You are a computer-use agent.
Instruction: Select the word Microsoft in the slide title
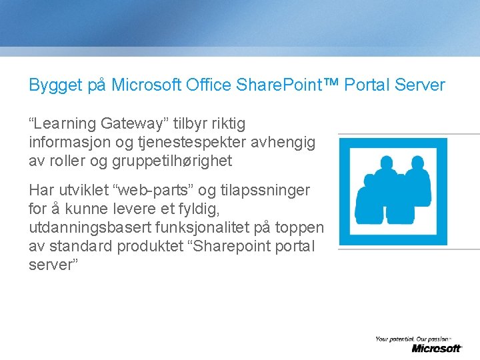click(145, 85)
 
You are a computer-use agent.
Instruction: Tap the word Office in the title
click(206, 85)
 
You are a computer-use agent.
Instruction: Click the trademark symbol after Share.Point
click(331, 85)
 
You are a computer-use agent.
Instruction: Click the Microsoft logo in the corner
click(436, 348)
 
